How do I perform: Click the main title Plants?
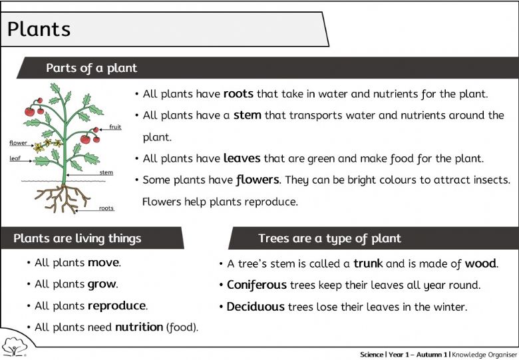click(x=39, y=29)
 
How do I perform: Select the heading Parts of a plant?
click(x=91, y=68)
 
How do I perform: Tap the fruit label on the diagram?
click(x=115, y=126)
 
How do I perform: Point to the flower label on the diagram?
click(x=18, y=142)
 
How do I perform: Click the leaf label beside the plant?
click(x=15, y=158)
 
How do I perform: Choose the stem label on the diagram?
click(x=106, y=172)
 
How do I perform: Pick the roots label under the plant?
click(x=106, y=208)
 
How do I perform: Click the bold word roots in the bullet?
click(x=238, y=94)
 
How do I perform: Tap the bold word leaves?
click(x=242, y=158)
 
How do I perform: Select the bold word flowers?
click(x=258, y=180)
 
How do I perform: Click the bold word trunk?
click(x=368, y=264)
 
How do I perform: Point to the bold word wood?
click(x=480, y=264)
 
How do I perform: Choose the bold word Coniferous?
click(x=257, y=285)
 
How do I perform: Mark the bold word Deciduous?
click(x=256, y=306)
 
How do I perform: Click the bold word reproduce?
click(x=117, y=305)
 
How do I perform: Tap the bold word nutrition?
click(x=139, y=327)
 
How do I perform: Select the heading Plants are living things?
click(x=77, y=238)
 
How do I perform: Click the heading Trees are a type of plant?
click(x=329, y=238)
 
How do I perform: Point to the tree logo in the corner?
click(x=14, y=347)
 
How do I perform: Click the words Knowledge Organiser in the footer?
click(x=484, y=355)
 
